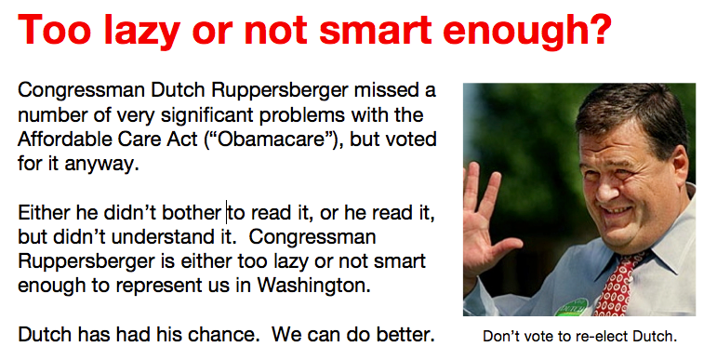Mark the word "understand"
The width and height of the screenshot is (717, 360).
[x=160, y=237]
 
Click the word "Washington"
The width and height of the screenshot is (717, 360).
[x=312, y=286]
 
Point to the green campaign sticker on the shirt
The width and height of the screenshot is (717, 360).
[x=572, y=308]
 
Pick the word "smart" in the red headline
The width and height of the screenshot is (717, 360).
[x=375, y=30]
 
